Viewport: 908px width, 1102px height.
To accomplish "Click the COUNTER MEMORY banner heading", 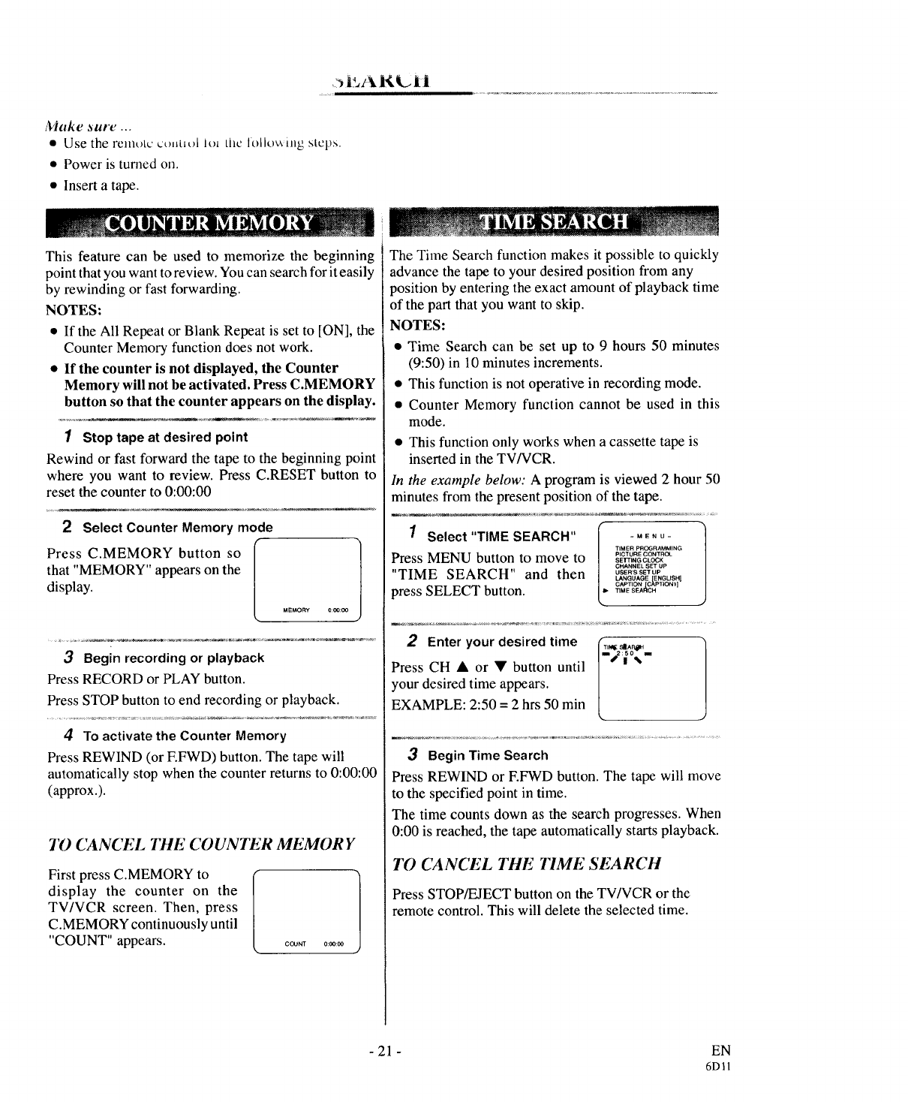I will pyautogui.click(x=209, y=224).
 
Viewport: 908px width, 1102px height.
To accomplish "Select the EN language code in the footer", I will pyautogui.click(x=722, y=1050).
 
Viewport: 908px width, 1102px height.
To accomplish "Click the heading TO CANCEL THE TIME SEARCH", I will pyautogui.click(x=526, y=863).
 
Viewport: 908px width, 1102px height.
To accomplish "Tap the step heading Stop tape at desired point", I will pyautogui.click(x=164, y=437).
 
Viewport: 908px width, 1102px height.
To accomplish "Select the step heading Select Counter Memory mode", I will pyautogui.click(x=177, y=528).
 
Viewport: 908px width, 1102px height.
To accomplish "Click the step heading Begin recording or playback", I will pyautogui.click(x=173, y=658).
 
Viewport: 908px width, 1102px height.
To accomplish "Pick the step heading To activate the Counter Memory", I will pyautogui.click(x=184, y=736).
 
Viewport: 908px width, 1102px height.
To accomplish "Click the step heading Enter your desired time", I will pyautogui.click(x=502, y=642).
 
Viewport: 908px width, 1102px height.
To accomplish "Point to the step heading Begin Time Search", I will pyautogui.click(x=488, y=755).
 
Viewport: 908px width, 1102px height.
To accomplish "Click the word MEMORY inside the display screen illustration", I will pyautogui.click(x=296, y=610).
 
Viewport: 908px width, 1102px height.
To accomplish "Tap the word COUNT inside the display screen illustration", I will pyautogui.click(x=296, y=944).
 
